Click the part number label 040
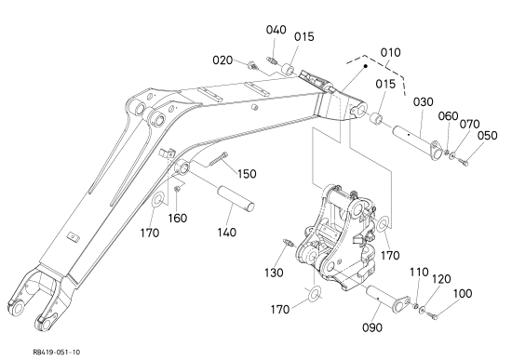coord(276,30)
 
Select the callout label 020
coord(222,60)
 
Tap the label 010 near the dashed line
coord(391,52)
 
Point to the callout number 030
coord(424,101)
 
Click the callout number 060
coord(448,116)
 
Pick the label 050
coord(487,136)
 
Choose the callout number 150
coord(247,174)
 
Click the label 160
coord(177,218)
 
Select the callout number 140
coord(226,233)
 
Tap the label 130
coord(274,273)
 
